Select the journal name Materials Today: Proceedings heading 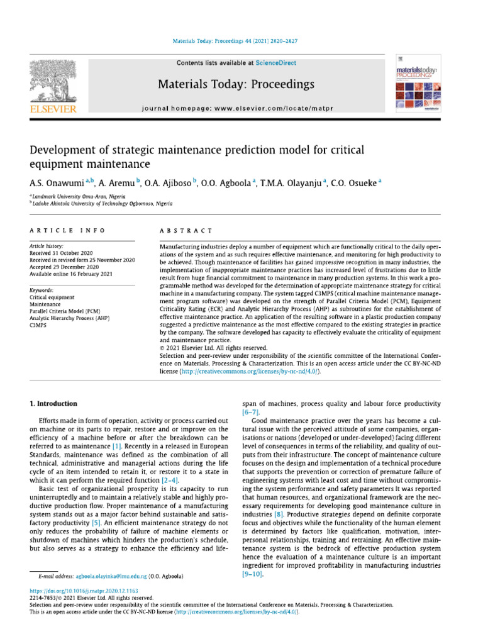[244, 84]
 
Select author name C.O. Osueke [357, 182]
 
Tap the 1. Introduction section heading [54, 403]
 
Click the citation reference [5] [96, 505]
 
